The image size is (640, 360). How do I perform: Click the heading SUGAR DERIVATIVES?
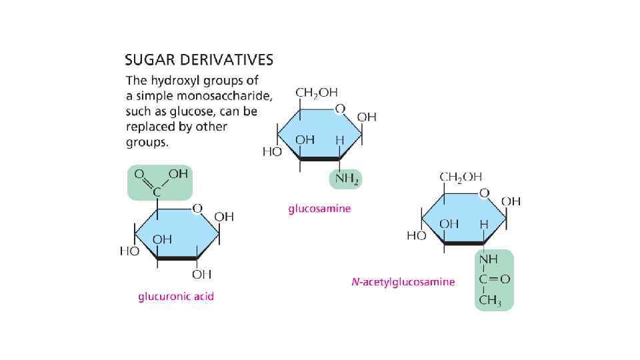199,60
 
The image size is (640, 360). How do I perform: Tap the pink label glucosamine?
319,209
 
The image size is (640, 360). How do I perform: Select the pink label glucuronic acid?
176,296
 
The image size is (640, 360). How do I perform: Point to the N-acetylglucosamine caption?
403,281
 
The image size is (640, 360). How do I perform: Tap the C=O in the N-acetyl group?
494,279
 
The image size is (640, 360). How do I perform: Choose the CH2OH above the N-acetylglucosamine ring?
460,177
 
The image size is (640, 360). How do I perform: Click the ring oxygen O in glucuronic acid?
196,209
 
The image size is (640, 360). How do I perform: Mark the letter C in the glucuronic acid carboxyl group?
158,192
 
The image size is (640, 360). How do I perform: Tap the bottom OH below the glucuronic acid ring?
201,274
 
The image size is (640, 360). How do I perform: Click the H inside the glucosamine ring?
339,141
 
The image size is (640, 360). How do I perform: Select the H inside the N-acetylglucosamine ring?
484,225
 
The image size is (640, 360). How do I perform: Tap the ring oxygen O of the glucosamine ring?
340,108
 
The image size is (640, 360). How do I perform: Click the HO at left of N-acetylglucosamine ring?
416,236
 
